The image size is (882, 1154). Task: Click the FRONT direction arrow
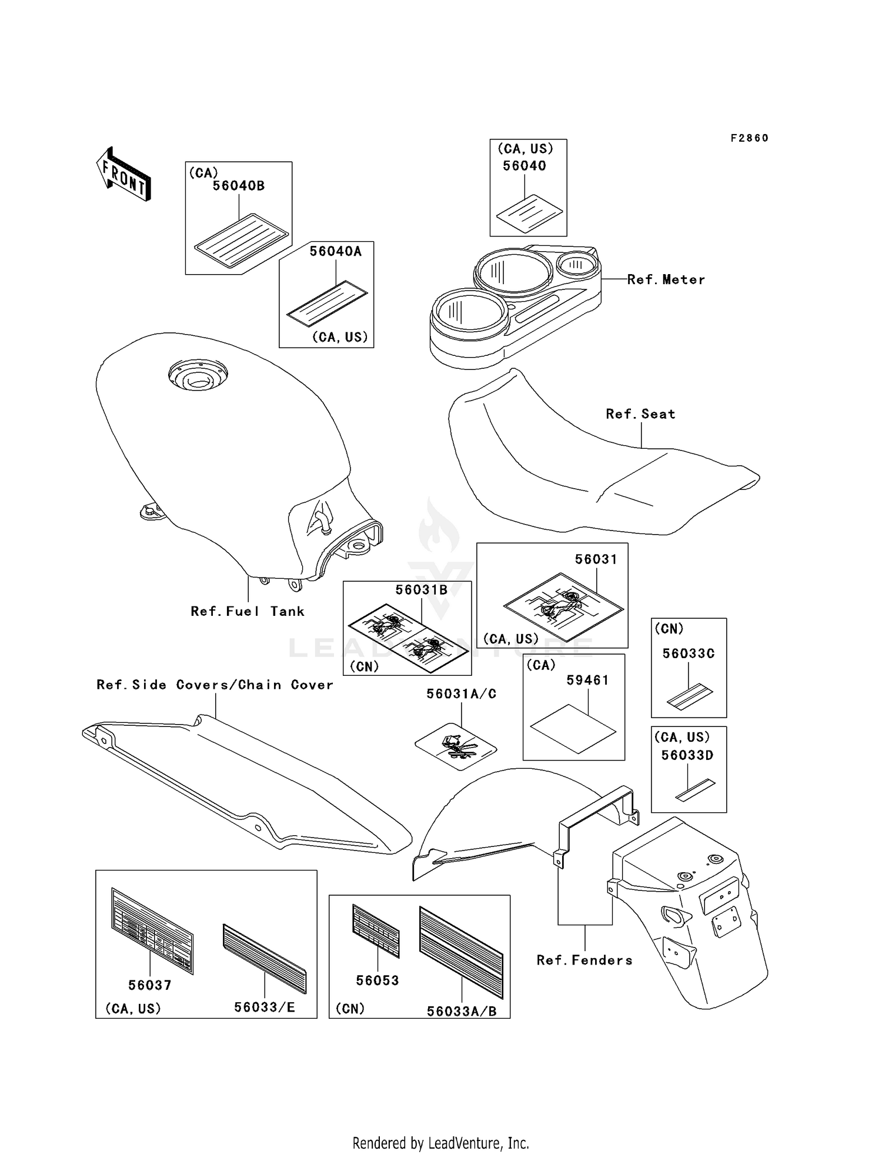tap(123, 174)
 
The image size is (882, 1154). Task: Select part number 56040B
tap(238, 186)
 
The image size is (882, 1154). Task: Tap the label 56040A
tap(336, 251)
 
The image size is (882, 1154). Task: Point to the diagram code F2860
tap(750, 138)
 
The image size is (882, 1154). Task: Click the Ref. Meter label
tap(666, 279)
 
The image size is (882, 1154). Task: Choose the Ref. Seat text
tap(640, 414)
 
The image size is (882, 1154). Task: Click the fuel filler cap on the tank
tap(198, 375)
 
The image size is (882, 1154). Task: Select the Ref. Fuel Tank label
tap(248, 611)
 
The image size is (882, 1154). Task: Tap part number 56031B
tap(421, 590)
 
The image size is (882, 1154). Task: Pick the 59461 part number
tap(587, 681)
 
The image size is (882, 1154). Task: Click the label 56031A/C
tap(461, 694)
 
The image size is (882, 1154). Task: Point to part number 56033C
tap(689, 653)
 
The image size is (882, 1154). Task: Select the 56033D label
tap(687, 755)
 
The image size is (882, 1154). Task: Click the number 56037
tap(149, 985)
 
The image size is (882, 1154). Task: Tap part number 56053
tap(377, 980)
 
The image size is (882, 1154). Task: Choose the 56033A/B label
tap(462, 1011)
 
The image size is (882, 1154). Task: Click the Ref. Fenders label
tap(584, 960)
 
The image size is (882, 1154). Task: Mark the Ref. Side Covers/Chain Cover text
tap(215, 685)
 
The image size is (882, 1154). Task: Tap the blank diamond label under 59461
tap(573, 729)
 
